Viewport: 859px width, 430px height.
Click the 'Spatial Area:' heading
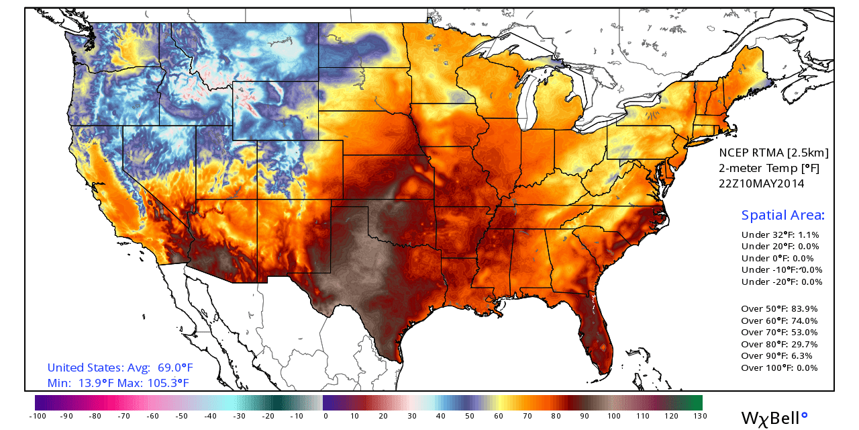[x=782, y=215]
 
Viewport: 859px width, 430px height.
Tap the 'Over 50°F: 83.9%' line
[x=779, y=309]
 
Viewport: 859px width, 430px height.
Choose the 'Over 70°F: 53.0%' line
[x=779, y=332]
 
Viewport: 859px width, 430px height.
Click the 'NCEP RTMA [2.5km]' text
[x=774, y=153]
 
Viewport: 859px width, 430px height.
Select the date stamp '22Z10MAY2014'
[x=762, y=183]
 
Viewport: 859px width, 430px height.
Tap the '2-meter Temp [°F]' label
[x=769, y=168]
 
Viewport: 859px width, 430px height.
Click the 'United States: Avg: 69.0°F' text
[x=120, y=368]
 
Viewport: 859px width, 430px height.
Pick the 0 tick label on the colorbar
[x=325, y=416]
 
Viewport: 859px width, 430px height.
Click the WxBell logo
[x=774, y=418]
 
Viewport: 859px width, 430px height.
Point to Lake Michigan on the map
[x=530, y=101]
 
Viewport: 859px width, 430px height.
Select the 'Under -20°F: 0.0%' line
[x=781, y=282]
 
